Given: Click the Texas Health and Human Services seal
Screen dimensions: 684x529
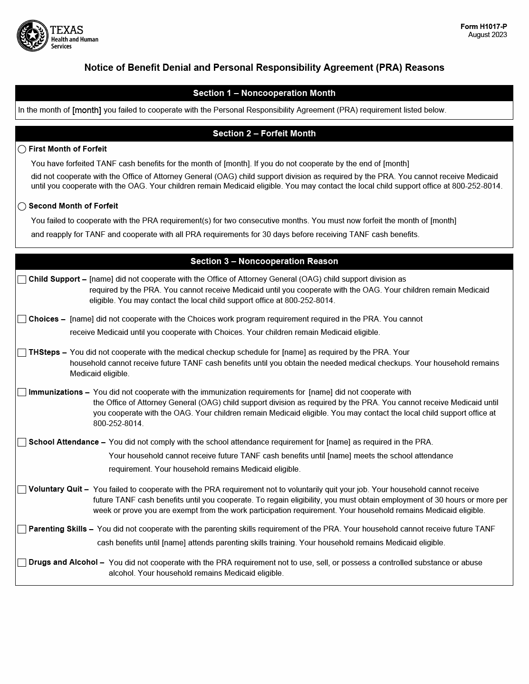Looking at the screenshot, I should point(32,36).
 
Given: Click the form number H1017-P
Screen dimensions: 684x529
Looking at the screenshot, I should point(483,27).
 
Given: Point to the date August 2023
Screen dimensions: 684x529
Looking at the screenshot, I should point(487,35).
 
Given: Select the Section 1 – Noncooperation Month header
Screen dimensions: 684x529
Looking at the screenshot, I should point(264,93).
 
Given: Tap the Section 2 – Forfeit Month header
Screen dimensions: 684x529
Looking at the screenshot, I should point(264,133).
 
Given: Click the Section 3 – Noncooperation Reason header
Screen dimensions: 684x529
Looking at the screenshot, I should point(264,261).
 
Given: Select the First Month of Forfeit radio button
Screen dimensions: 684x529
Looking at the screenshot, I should point(22,149).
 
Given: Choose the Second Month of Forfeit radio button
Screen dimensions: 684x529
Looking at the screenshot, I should point(22,206).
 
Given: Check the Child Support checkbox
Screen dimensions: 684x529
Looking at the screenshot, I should point(22,279).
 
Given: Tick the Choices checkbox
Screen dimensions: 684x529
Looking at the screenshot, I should point(22,319).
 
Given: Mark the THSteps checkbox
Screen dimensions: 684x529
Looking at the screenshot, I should point(22,352).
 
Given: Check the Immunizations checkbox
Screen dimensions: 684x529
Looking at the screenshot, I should point(22,392).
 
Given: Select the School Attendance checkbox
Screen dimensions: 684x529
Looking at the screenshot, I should point(22,442).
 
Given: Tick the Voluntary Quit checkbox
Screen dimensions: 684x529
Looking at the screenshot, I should point(22,489).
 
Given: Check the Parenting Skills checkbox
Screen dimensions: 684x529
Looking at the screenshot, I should point(22,529).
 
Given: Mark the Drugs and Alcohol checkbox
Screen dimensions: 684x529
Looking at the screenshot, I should point(22,562).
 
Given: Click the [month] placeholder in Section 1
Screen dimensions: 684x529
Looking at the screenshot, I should point(87,110).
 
